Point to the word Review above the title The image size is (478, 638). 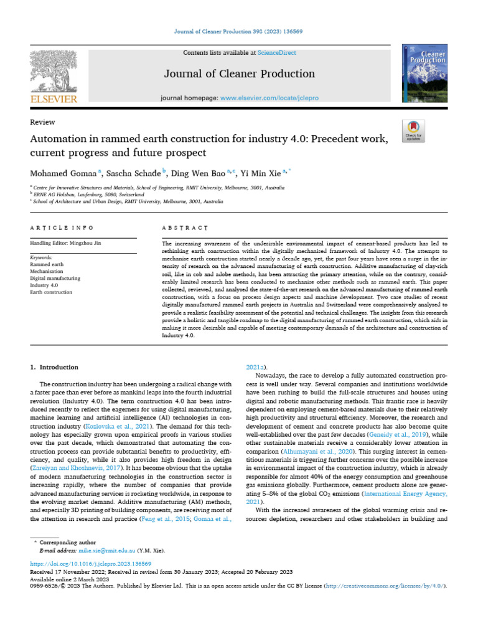(42, 122)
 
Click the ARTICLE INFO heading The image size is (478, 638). (62, 228)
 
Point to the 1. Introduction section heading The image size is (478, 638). (55, 367)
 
